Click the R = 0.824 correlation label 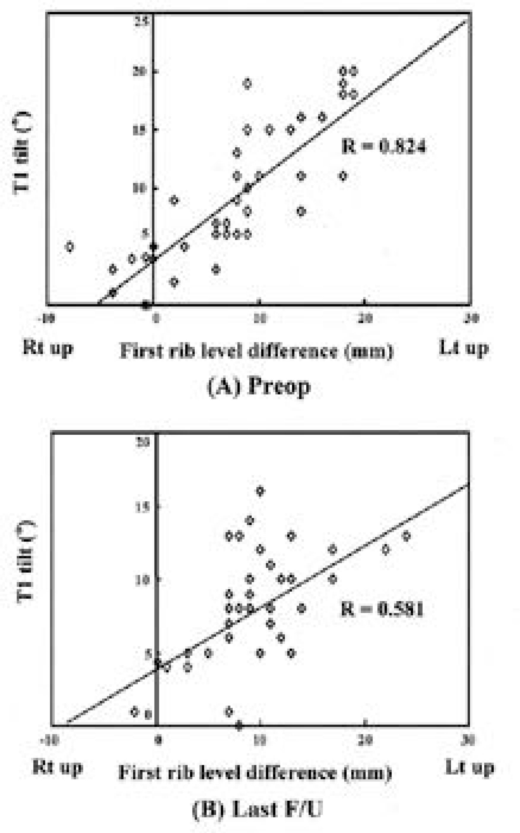(384, 147)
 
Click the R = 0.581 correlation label (382, 609)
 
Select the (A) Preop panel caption (259, 387)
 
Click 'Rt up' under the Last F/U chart (57, 767)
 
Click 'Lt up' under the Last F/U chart (469, 767)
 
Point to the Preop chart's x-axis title (256, 351)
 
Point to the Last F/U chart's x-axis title (255, 772)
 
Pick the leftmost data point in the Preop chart (70, 247)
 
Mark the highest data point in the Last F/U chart (260, 491)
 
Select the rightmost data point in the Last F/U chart (406, 536)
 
